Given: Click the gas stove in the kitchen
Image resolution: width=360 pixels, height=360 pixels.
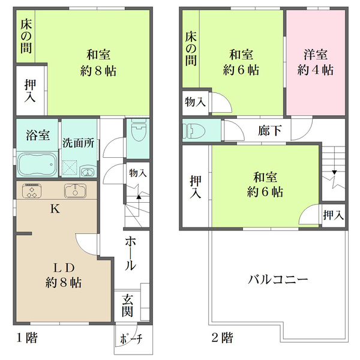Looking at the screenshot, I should tap(31, 191).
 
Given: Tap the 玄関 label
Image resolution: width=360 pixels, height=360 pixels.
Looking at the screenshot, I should tap(128, 305).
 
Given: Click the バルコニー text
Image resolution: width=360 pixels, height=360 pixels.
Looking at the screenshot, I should tap(278, 280).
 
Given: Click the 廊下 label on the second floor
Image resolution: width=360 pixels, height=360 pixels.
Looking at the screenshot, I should tap(266, 130).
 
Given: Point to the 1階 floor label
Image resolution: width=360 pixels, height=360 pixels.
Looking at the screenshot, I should tap(27, 337).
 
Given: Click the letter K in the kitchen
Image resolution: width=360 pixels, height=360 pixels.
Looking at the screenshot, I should tap(55, 209).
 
